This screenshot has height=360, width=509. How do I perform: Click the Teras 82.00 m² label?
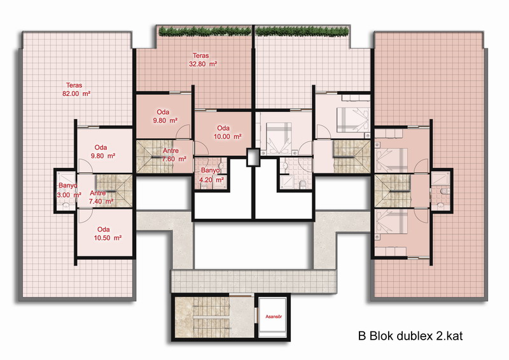(x=76, y=89)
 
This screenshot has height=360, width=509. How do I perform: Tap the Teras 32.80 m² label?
(x=203, y=60)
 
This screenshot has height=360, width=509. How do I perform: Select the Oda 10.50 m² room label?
(x=108, y=233)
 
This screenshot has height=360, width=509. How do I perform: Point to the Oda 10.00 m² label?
(x=227, y=132)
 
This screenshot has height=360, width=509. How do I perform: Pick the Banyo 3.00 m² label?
(x=69, y=190)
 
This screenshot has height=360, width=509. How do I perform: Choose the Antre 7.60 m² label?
(x=174, y=155)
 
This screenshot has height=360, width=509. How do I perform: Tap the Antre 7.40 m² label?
(x=101, y=197)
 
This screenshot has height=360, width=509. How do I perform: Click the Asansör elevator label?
(x=274, y=317)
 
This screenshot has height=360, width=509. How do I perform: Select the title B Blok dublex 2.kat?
(x=410, y=336)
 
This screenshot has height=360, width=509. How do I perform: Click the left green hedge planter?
(x=205, y=32)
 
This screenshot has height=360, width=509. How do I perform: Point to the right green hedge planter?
(x=302, y=32)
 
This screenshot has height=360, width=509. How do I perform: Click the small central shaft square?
(x=253, y=158)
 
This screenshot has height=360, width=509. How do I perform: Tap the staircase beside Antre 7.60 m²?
(x=154, y=156)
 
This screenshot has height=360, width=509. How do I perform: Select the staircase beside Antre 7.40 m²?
(x=114, y=191)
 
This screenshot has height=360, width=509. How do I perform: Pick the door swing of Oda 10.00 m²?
(x=202, y=149)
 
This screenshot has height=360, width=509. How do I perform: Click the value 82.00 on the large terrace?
(x=71, y=93)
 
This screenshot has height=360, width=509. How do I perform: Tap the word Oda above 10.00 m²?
(x=223, y=128)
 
